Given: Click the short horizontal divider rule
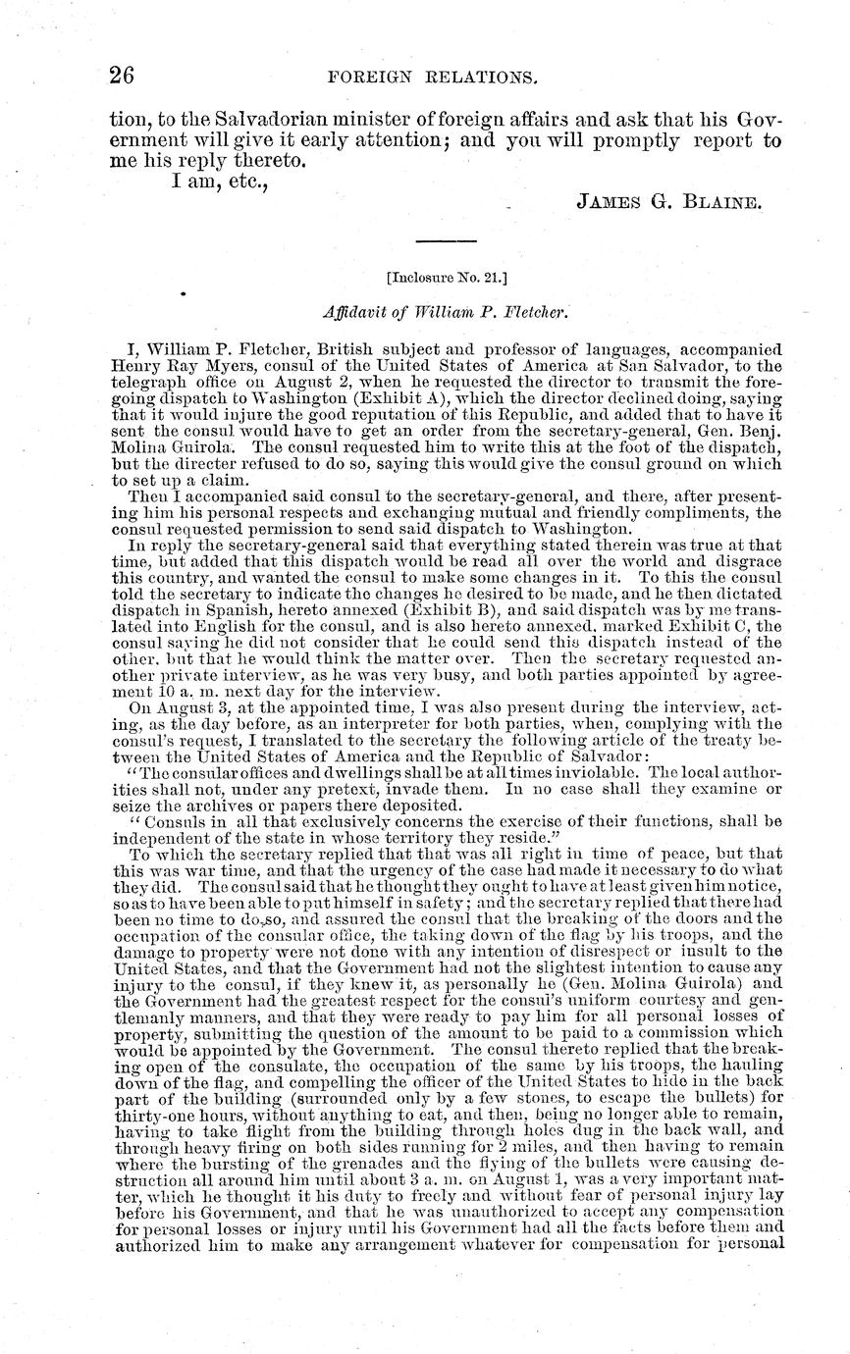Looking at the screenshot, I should [447, 241].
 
